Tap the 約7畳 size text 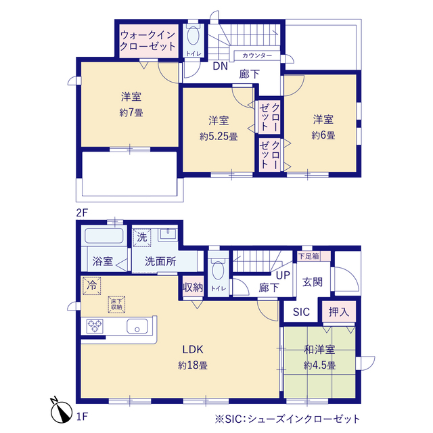(x=131, y=112)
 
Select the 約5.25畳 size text (x=218, y=136)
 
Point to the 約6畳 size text (x=323, y=135)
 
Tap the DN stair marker (x=220, y=66)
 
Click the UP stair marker (x=283, y=275)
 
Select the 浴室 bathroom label (x=102, y=260)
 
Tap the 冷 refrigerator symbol (x=91, y=286)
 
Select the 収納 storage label (x=193, y=287)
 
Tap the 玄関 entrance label (x=312, y=281)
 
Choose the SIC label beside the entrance (x=301, y=312)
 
